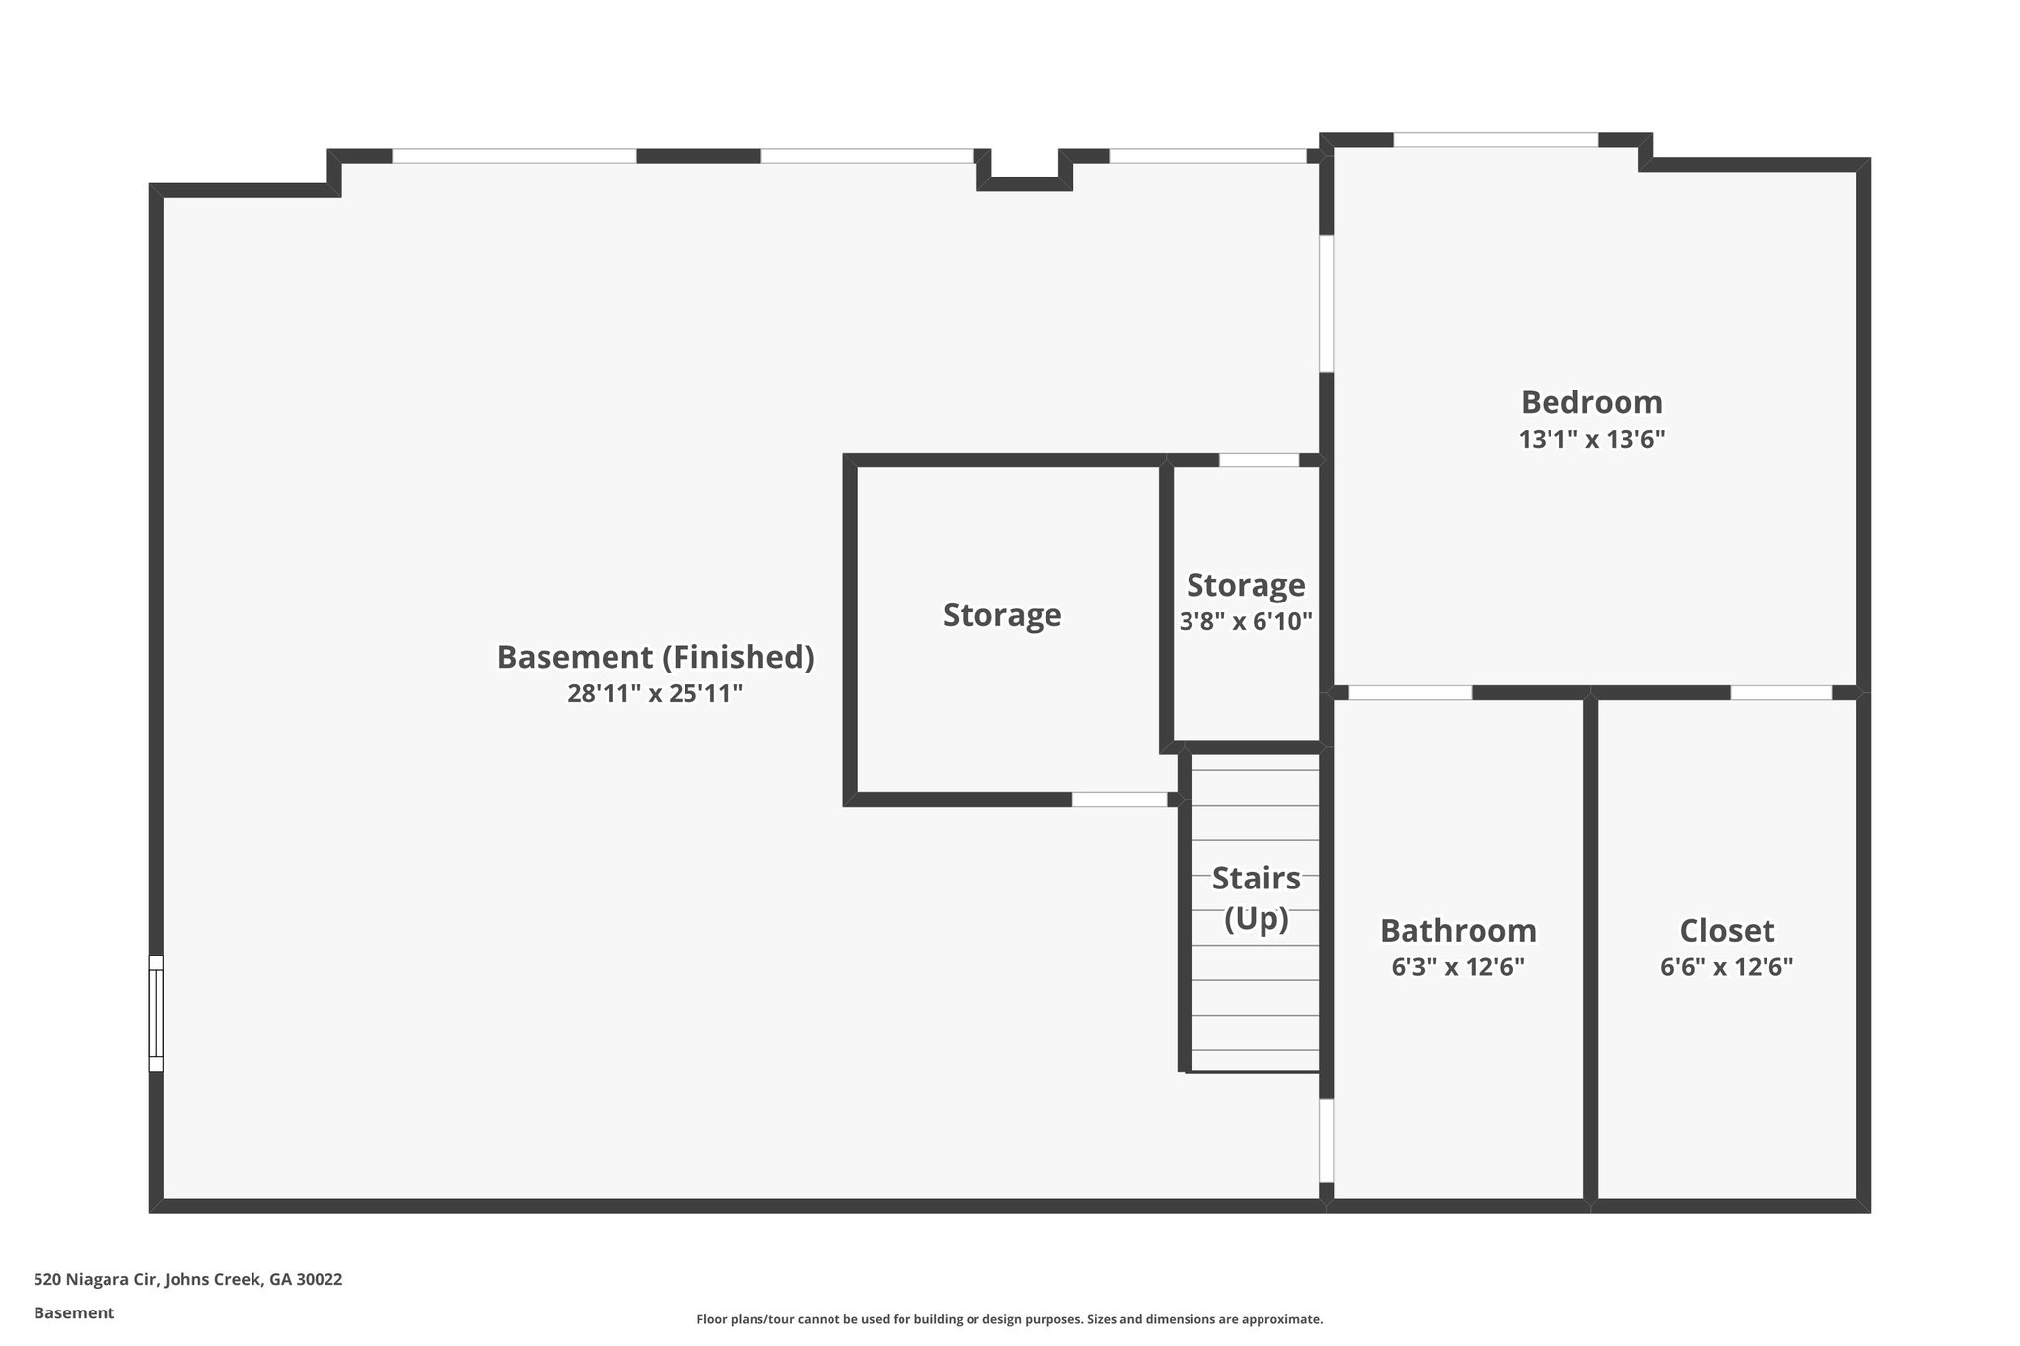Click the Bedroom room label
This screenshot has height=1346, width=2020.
click(x=1591, y=402)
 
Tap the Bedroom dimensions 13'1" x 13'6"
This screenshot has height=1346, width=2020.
click(x=1591, y=440)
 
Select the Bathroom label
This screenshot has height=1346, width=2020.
click(x=1457, y=930)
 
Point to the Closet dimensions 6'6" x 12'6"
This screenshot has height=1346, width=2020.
click(x=1726, y=967)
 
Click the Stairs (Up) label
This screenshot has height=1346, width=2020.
click(x=1256, y=897)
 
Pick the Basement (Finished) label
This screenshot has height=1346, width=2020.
click(x=655, y=657)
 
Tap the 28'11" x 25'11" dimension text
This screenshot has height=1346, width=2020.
click(x=655, y=694)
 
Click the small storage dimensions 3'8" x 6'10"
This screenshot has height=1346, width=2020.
click(x=1246, y=622)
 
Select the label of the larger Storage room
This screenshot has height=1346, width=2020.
click(x=1002, y=615)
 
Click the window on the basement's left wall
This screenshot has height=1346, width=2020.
click(x=156, y=1013)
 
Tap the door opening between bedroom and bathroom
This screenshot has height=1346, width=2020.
click(x=1409, y=692)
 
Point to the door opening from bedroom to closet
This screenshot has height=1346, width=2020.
click(x=1780, y=692)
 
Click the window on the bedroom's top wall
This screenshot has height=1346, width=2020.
click(x=1494, y=140)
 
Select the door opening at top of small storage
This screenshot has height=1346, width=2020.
click(x=1259, y=460)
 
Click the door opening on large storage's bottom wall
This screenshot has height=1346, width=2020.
click(x=1119, y=799)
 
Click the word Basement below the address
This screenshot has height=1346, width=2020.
click(x=74, y=1313)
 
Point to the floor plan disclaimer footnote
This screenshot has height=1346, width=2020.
click(x=1009, y=1319)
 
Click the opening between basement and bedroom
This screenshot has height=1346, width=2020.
click(x=1327, y=303)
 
